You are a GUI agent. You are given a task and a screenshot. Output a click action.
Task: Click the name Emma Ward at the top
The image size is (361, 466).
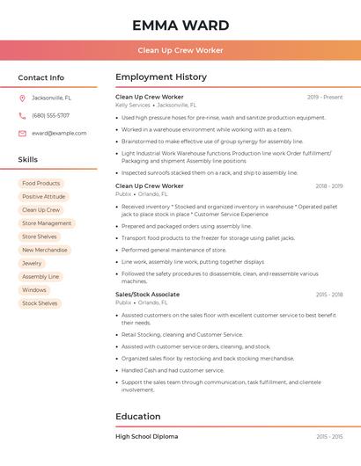click(180, 25)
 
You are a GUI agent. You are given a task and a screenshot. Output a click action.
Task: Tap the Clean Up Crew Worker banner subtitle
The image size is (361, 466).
click(180, 51)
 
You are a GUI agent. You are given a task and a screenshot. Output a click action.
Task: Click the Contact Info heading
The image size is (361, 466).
click(41, 77)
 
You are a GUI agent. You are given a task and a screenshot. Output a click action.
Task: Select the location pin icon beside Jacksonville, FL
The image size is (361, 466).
click(22, 98)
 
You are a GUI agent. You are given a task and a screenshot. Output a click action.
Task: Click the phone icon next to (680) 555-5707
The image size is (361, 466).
click(22, 115)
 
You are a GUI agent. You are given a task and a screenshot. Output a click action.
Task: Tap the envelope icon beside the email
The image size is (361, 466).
click(22, 133)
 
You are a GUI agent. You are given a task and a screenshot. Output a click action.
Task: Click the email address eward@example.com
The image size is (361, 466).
click(59, 133)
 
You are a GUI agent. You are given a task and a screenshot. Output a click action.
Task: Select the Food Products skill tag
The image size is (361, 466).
click(41, 184)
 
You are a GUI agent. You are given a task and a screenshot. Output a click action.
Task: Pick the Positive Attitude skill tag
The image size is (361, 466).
click(43, 197)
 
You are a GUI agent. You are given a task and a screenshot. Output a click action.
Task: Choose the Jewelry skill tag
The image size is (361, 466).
click(32, 263)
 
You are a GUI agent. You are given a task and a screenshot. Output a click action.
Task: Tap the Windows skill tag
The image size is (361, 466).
click(34, 290)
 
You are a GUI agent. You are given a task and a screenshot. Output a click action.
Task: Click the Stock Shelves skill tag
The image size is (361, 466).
click(40, 303)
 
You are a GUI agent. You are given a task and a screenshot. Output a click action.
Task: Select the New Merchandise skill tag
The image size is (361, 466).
click(44, 250)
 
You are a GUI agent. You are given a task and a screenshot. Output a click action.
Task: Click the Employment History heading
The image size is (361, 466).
click(161, 77)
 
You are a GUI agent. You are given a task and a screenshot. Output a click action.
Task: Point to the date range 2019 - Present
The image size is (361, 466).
click(325, 97)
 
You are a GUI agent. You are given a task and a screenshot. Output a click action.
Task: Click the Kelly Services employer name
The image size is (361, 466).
click(133, 105)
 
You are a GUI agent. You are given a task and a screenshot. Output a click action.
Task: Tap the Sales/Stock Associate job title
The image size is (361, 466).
click(147, 295)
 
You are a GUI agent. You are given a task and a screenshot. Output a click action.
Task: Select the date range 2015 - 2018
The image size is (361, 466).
click(329, 295)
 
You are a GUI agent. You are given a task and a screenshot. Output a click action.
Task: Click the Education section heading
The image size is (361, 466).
click(138, 417)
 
